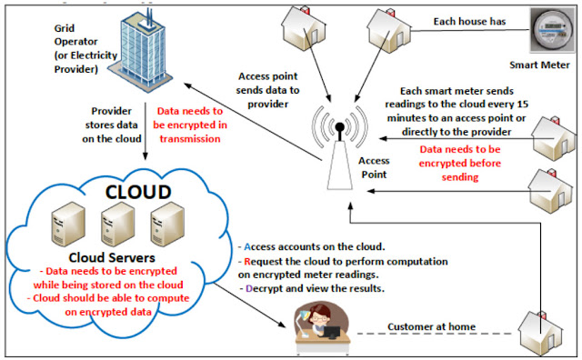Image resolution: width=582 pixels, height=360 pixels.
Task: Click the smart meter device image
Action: (554, 30)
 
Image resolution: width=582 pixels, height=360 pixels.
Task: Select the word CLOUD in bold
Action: (138, 192)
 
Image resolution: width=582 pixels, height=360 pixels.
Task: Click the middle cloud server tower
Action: (117, 224)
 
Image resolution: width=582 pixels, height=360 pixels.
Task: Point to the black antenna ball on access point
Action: (339, 127)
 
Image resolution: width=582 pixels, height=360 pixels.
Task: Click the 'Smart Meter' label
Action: (539, 65)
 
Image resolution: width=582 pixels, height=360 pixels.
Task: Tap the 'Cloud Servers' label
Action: (112, 257)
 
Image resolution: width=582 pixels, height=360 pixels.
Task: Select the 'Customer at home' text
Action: (431, 326)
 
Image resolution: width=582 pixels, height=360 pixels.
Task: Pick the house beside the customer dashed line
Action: (540, 333)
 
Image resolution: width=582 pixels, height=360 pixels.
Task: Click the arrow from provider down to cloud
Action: (145, 131)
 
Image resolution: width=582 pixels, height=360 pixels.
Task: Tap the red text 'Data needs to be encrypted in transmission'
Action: (190, 125)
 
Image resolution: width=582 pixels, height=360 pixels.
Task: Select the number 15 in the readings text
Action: (522, 105)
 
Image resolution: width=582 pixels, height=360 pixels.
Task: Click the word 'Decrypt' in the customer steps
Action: (265, 288)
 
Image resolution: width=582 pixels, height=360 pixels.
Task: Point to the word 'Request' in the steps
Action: (263, 262)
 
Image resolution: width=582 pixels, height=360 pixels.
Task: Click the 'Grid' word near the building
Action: (65, 28)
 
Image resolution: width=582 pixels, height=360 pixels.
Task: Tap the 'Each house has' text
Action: (469, 22)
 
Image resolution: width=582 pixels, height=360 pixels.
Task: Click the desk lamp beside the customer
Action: (303, 322)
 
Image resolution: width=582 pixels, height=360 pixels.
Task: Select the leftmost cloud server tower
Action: (68, 224)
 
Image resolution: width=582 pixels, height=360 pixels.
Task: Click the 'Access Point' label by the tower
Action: (374, 167)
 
